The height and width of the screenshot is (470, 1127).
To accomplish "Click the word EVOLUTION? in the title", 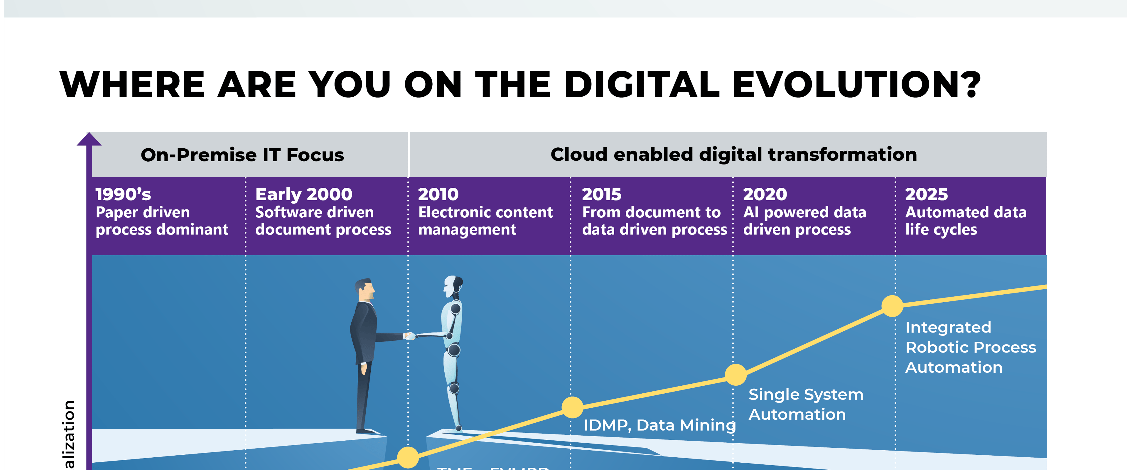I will click(856, 85).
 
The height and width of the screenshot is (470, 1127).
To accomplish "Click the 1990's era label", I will click(123, 194).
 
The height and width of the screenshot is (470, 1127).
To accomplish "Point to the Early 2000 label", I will click(304, 194).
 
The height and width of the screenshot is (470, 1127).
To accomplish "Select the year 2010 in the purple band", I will click(438, 194).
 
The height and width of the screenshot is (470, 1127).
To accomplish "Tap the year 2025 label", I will click(926, 194).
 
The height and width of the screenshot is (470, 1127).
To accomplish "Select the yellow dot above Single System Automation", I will click(735, 375).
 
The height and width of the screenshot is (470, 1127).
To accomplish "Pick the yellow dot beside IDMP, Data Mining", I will click(572, 407).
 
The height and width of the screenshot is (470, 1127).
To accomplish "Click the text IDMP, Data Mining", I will click(659, 425).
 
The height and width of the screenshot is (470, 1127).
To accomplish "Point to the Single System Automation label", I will click(805, 404).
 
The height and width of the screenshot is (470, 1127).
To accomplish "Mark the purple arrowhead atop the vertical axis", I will click(89, 139).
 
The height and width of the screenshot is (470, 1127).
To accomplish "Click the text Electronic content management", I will click(485, 221).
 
